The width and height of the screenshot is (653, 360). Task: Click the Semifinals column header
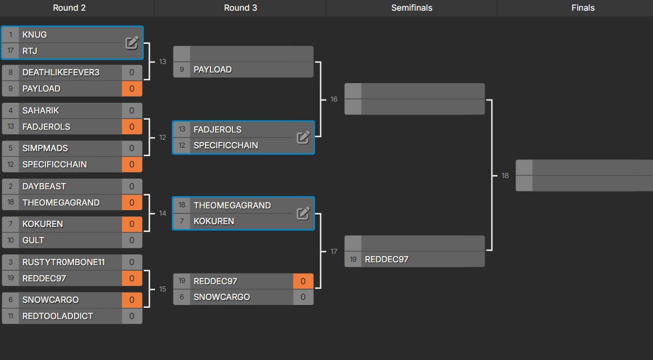point(412,8)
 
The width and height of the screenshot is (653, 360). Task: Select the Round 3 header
point(240,8)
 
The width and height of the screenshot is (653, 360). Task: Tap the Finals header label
point(583,8)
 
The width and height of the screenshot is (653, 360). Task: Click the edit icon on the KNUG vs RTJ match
point(131,43)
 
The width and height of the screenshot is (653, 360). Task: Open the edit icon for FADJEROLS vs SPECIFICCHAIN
point(303,137)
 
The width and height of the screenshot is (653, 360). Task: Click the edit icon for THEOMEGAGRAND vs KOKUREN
point(303,213)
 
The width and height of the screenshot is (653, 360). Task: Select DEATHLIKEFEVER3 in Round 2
point(61,72)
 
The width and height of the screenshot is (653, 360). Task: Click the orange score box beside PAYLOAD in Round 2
point(132,89)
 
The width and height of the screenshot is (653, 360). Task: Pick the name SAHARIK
point(40,111)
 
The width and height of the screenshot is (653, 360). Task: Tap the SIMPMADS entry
point(45,148)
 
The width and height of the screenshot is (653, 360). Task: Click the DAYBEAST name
point(44,186)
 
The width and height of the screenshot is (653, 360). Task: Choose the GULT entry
point(33,240)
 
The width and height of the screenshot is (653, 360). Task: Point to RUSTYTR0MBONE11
point(63,262)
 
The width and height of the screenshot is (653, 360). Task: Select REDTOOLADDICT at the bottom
point(57,316)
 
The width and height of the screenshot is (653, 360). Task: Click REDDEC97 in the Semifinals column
point(386,259)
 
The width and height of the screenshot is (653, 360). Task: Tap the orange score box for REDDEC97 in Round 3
point(303,281)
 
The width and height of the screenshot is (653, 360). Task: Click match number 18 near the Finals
point(505,176)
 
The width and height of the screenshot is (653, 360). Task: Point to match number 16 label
point(334,99)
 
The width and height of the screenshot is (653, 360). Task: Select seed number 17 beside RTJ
point(10,51)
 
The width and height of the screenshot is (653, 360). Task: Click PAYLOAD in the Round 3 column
point(212,70)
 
